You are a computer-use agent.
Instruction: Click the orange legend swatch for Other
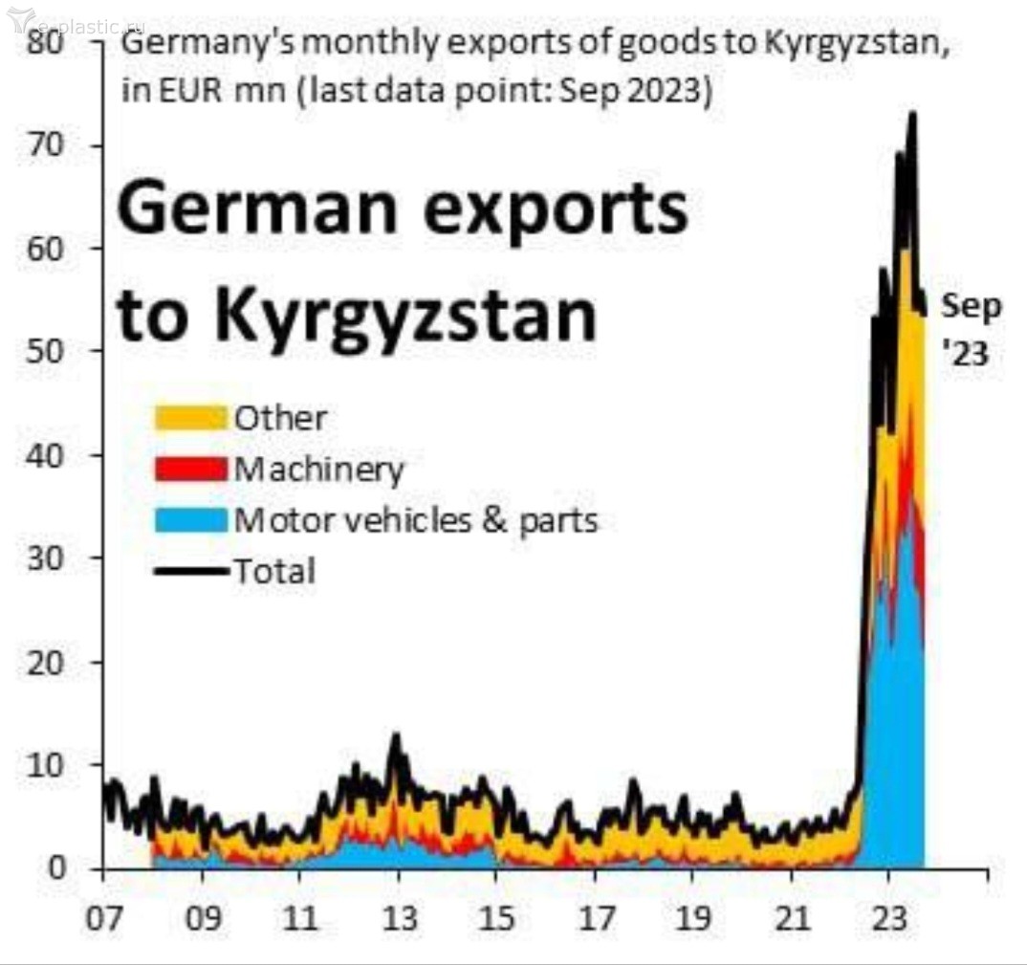pyautogui.click(x=190, y=418)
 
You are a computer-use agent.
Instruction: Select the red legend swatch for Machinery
pyautogui.click(x=190, y=470)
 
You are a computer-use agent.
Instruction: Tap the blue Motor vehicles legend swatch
pyautogui.click(x=190, y=520)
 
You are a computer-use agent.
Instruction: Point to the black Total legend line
pyautogui.click(x=190, y=572)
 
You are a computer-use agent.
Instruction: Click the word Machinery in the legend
pyautogui.click(x=319, y=470)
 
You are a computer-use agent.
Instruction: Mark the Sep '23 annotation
pyautogui.click(x=971, y=330)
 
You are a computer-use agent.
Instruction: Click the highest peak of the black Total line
pyautogui.click(x=911, y=115)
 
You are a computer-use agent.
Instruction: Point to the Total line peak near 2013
pyautogui.click(x=395, y=736)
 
